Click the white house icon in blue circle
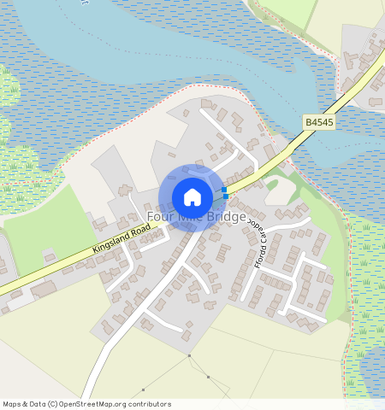point(192,197)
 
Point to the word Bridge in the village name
point(225,217)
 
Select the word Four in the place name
point(160,217)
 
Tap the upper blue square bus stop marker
point(224,190)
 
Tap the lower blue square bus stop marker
point(226,197)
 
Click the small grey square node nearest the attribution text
point(143,389)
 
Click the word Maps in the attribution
point(13,403)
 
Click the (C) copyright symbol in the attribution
point(52,403)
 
